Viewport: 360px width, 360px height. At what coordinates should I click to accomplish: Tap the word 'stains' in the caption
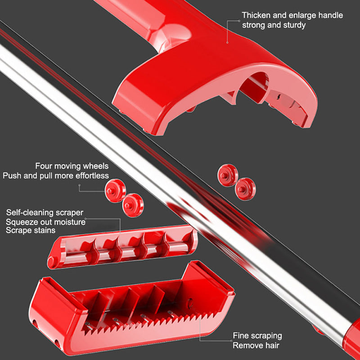pos(44,230)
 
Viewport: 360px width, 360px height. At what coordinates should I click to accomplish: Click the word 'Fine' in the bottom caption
pos(241,335)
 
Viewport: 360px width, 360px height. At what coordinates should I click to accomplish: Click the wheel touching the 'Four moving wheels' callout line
pos(115,191)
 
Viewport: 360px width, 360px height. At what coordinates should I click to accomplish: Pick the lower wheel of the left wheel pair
pos(133,205)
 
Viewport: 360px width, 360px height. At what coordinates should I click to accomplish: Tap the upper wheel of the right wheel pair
pos(228,175)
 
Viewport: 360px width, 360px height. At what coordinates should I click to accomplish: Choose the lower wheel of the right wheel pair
pos(245,189)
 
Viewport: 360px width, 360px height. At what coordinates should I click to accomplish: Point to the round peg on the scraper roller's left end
pos(52,262)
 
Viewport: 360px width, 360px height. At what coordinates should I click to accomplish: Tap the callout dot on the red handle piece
pos(227,42)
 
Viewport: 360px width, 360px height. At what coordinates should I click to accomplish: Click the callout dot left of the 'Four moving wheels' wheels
pos(79,185)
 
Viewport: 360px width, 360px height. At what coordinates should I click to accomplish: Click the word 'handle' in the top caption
pos(331,15)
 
